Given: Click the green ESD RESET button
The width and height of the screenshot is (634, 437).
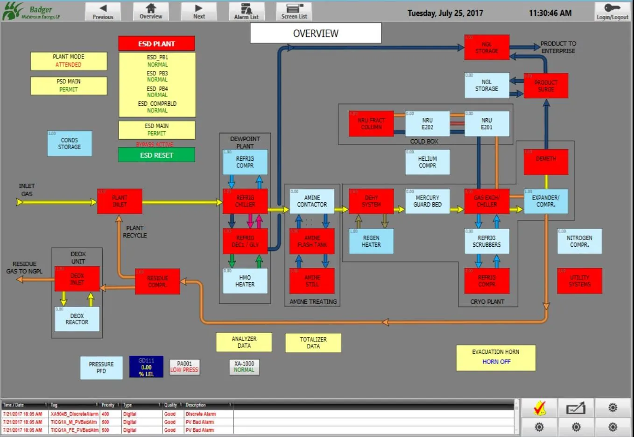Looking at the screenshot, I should pos(156,155).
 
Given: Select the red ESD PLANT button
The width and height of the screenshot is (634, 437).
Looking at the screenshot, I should pos(156,43).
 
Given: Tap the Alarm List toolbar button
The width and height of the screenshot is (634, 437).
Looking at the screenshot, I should pos(246,11).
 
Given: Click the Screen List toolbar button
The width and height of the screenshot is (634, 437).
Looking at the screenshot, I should pos(294,11).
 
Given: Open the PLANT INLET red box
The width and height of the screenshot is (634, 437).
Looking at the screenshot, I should pos(120,201).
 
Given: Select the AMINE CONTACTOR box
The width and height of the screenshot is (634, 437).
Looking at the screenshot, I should pos(312,201).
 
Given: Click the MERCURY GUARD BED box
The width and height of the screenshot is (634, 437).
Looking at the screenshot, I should pos(427,201).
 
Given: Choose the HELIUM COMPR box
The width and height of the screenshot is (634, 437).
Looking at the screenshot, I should pos(427,162).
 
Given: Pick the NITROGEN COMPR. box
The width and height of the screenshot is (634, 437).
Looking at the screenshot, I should pos(579,241).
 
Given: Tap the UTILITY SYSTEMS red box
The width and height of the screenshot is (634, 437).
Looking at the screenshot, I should pos(579,281).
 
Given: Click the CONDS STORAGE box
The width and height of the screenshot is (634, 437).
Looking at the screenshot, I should pos(70,143).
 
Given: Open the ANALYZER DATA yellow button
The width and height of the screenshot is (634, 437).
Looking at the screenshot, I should pos(244,342).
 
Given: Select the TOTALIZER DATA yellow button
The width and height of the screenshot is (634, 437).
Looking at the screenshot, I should pos(313,343).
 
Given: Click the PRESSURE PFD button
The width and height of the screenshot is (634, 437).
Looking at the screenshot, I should pos(101,367).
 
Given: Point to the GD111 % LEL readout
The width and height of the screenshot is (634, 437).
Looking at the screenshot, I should pos(146,367).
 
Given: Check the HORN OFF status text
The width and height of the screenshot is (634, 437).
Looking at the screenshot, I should pos(496,362).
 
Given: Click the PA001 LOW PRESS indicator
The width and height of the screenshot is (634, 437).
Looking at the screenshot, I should pos(184,366).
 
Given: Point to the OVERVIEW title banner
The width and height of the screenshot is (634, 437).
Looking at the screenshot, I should pos(316,33).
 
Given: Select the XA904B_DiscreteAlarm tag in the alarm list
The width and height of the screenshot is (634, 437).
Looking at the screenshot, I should pos(74,414).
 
